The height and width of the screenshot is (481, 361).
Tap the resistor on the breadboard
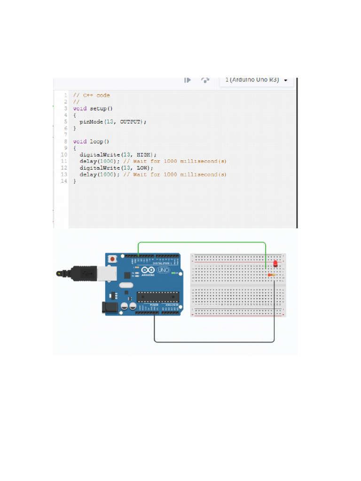271,275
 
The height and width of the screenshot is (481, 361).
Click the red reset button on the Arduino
113,259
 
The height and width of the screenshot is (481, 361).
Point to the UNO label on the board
164,271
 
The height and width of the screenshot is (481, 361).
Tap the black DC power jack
108,307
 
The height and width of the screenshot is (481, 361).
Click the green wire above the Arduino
202,242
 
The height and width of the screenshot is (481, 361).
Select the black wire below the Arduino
214,341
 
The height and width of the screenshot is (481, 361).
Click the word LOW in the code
142,168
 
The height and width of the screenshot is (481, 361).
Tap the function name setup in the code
98,109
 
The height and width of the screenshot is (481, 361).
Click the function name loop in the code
96,141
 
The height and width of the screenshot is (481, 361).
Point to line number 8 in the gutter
65,141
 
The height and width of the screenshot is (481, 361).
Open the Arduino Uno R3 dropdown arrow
286,80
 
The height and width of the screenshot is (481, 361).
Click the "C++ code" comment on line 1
96,95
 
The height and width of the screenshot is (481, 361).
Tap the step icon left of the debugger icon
188,80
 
